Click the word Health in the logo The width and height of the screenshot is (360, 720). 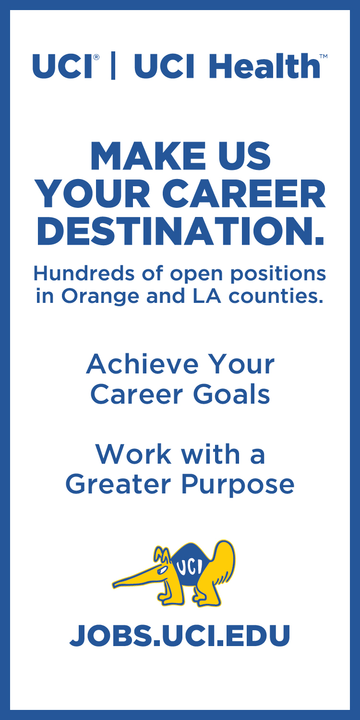coord(264,66)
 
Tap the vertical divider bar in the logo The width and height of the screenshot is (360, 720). coord(113,66)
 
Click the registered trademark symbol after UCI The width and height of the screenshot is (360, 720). coord(96,57)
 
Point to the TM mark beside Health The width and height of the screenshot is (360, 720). coord(324,56)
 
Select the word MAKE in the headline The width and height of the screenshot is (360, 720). coord(148,156)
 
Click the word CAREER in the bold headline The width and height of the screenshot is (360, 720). coord(244,194)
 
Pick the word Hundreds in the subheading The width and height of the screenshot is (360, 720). coord(84,274)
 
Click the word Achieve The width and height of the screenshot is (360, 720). coord(143,364)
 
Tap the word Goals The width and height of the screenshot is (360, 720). coord(231,395)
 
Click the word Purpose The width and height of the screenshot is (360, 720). coord(238,486)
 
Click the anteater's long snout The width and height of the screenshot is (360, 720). coord(135,579)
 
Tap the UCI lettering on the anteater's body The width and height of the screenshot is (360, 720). coord(190,567)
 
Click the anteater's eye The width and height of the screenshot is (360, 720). coord(163,569)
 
